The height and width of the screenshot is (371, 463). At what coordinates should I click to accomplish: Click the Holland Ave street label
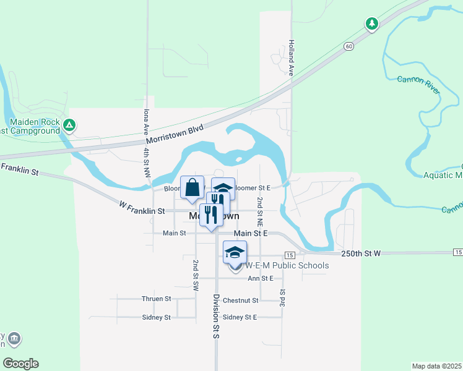click(290, 58)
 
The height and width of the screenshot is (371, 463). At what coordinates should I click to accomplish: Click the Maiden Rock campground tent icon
click(70, 126)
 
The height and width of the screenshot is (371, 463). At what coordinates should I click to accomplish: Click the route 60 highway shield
click(350, 46)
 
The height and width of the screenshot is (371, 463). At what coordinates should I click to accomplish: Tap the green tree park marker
click(371, 24)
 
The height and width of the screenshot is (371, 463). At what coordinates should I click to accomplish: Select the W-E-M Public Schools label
click(287, 265)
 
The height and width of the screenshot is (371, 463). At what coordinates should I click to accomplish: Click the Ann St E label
click(261, 278)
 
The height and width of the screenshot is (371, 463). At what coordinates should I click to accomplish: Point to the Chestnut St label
click(240, 301)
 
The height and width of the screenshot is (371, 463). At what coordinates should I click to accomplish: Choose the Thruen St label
click(156, 299)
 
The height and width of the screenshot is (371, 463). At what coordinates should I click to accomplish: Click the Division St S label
click(217, 324)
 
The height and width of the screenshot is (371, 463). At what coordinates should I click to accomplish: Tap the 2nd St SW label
click(196, 275)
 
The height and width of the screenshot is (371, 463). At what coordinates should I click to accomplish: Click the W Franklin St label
click(143, 211)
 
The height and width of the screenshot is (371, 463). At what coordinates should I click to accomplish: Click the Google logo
click(20, 364)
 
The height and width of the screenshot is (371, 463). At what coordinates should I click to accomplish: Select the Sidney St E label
click(239, 317)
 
